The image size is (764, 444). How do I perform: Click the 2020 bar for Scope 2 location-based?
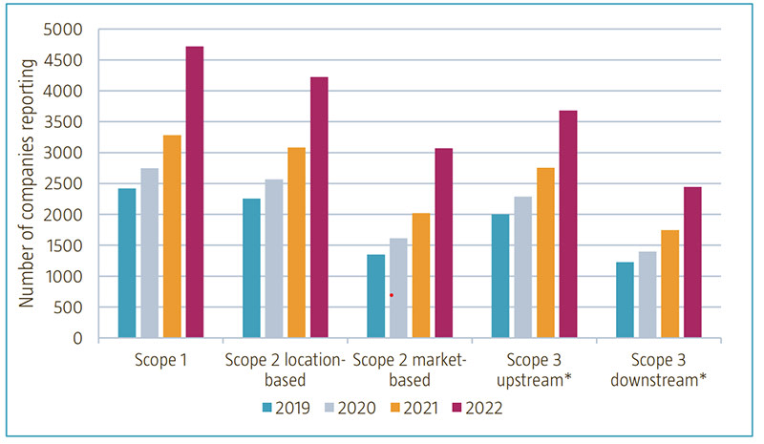[x=274, y=259]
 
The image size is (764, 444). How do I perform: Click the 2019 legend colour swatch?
[x=269, y=408]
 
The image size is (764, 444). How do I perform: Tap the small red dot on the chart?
[x=392, y=296]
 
